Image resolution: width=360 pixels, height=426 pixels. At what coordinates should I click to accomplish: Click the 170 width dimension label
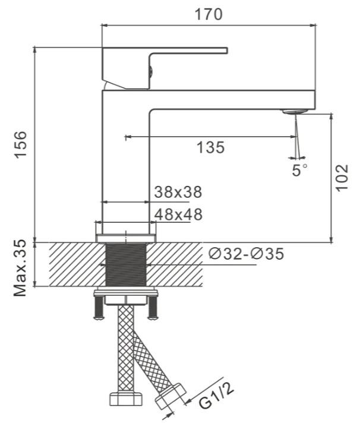(x=209, y=14)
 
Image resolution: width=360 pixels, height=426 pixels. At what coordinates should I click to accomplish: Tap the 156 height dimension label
(x=21, y=144)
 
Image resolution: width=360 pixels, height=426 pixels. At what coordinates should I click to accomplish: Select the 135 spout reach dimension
(x=210, y=147)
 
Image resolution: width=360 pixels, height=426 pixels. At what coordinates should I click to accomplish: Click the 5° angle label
(x=300, y=171)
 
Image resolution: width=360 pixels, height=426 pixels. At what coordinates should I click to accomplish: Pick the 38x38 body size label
(x=178, y=192)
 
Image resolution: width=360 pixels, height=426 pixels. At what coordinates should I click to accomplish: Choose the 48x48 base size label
(x=178, y=214)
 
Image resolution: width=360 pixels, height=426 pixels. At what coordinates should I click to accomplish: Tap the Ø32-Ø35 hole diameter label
(x=246, y=254)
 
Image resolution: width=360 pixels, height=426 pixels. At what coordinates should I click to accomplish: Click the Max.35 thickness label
(x=21, y=268)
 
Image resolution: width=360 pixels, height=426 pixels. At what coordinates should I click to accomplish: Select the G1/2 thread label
(x=217, y=396)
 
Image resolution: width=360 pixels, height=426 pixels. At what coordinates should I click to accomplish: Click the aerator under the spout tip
(x=295, y=111)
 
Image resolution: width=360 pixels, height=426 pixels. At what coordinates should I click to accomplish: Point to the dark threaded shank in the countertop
(x=126, y=264)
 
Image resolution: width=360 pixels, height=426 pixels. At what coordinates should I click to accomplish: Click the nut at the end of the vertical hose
(x=126, y=399)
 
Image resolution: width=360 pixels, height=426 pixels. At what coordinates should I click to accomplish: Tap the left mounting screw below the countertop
(x=99, y=308)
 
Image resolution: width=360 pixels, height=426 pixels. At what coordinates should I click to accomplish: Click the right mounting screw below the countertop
(x=153, y=308)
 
